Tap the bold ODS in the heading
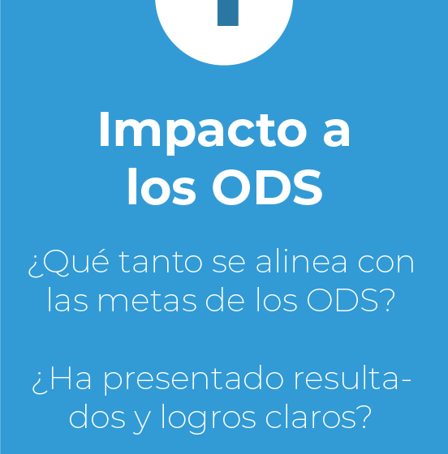point(267,187)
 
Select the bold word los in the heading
point(162,186)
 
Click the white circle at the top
point(224,32)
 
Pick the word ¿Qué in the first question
point(69,263)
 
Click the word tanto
point(161,263)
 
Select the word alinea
point(301,261)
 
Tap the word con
point(386,264)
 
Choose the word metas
point(147,301)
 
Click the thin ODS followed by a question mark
point(351,300)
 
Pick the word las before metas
point(67,300)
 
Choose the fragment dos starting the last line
point(97,417)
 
